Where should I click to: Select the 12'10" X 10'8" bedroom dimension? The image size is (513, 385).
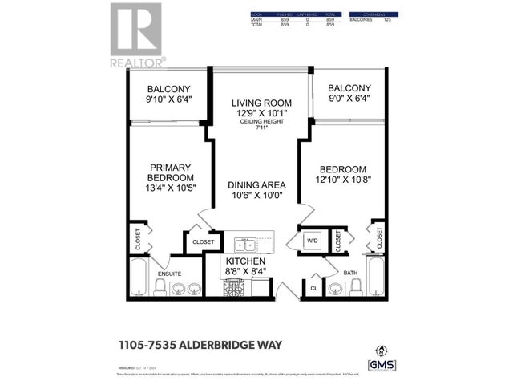342,182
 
